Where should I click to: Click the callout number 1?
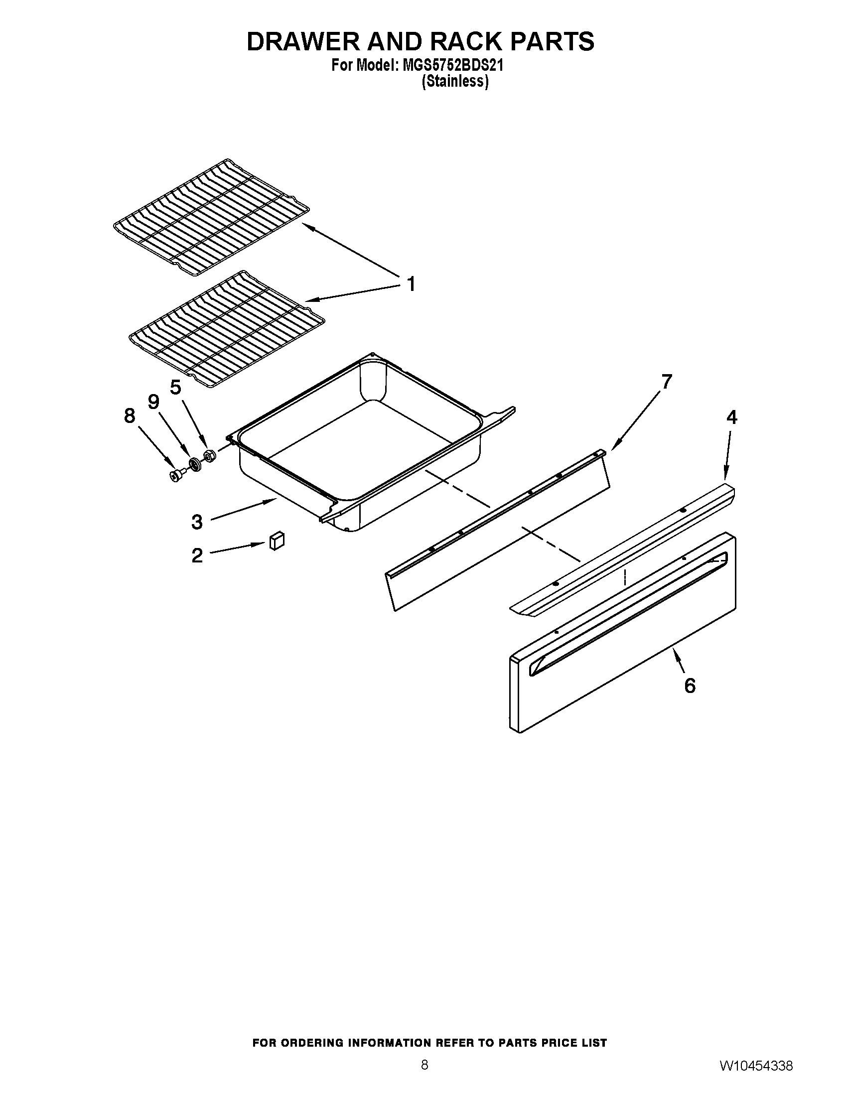pyautogui.click(x=411, y=284)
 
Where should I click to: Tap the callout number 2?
pyautogui.click(x=197, y=555)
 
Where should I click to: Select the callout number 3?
pyautogui.click(x=197, y=522)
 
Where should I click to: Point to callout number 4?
pyautogui.click(x=731, y=417)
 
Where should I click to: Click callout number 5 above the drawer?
pyautogui.click(x=175, y=387)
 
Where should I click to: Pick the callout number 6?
pyautogui.click(x=690, y=685)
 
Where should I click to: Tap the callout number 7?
pyautogui.click(x=666, y=382)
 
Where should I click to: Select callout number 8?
pyautogui.click(x=130, y=415)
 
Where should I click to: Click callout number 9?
pyautogui.click(x=153, y=401)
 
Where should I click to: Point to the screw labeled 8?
pyautogui.click(x=176, y=475)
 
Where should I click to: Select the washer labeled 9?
pyautogui.click(x=194, y=464)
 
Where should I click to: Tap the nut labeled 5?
pyautogui.click(x=209, y=455)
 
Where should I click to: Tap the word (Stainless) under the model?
pyautogui.click(x=454, y=81)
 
